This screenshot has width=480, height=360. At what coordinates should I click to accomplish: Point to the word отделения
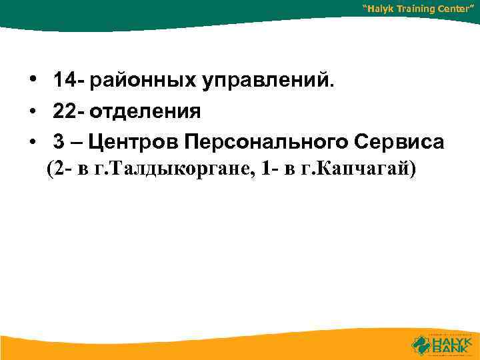click(145, 111)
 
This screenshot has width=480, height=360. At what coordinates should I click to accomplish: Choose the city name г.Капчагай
click(359, 170)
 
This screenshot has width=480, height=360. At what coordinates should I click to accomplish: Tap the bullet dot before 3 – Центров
click(33, 141)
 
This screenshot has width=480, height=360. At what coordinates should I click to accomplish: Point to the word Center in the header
click(460, 9)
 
